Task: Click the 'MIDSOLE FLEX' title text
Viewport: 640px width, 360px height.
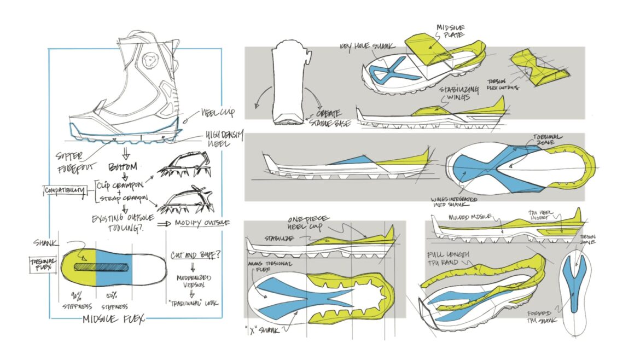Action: [113, 319]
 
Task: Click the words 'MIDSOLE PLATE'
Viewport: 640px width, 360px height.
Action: [451, 31]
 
